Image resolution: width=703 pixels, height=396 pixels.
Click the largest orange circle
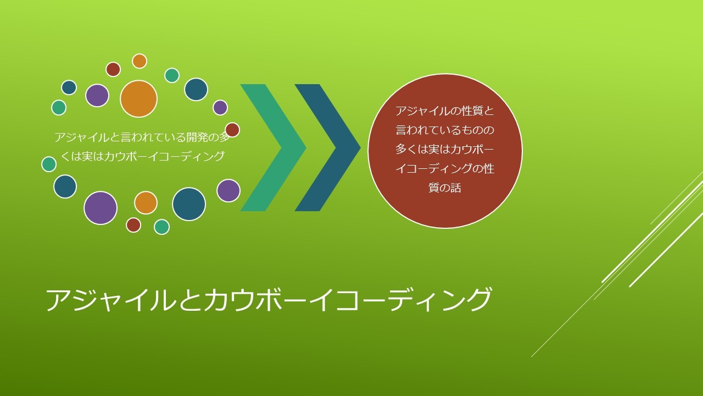click(138, 98)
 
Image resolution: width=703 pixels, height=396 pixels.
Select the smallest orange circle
click(140, 61)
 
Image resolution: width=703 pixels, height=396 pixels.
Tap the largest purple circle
click(101, 208)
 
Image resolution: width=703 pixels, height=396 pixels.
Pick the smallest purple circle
click(220, 107)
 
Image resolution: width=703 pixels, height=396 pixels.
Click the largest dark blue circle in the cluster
click(188, 204)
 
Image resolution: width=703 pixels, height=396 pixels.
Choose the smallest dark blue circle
click(69, 87)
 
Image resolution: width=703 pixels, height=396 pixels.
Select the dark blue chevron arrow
click(328, 147)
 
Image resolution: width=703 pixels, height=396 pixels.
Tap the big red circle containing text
click(445, 151)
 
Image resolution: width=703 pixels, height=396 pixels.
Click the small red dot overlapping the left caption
click(232, 130)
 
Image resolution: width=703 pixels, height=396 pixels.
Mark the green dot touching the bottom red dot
click(161, 227)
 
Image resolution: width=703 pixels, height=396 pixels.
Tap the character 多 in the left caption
click(225, 137)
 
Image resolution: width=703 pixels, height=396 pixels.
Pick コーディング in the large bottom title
click(412, 300)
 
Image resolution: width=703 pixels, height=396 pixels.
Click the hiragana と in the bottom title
click(190, 300)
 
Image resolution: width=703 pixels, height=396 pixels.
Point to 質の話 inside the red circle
click(445, 188)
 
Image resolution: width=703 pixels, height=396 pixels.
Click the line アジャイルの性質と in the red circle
click(445, 111)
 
